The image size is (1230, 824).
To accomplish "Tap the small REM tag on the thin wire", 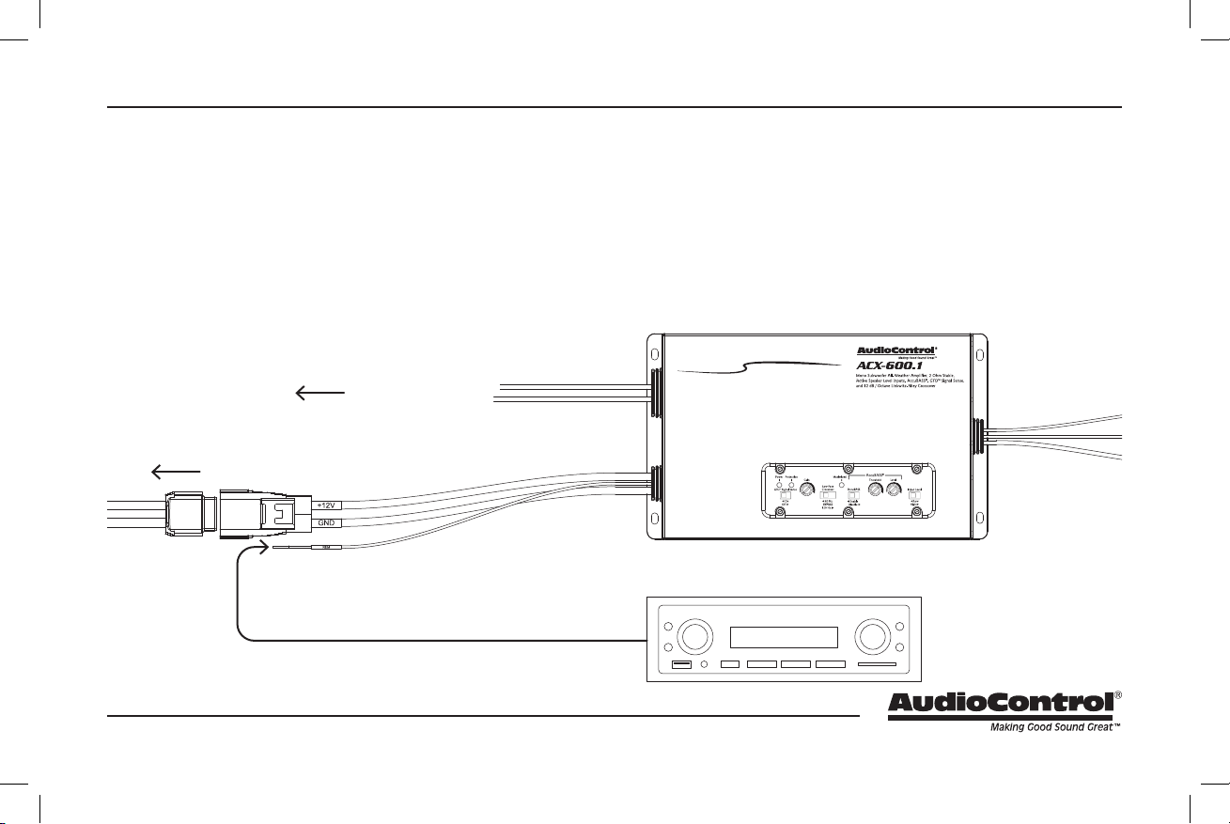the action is pos(325,545).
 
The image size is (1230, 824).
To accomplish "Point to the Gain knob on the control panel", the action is pos(807,489).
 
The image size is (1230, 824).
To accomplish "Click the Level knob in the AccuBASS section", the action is pos(894,489).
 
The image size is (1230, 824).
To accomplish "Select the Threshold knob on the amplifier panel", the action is pos(875,489).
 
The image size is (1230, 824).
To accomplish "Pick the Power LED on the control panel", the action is pos(779,485).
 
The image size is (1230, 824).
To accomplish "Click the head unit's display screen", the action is pos(784,638).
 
